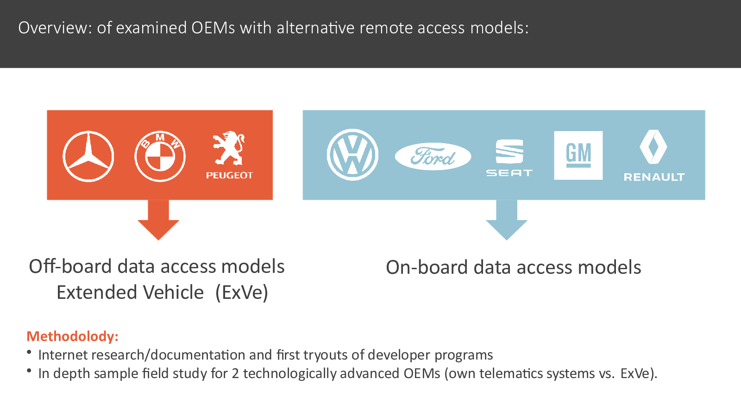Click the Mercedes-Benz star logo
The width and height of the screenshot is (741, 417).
click(x=88, y=156)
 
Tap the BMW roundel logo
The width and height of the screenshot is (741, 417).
click(x=160, y=156)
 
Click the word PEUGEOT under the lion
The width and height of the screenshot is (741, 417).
click(x=229, y=175)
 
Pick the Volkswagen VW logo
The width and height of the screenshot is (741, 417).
click(x=352, y=155)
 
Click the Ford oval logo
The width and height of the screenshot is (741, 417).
click(x=433, y=156)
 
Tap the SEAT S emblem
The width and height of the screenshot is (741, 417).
click(x=509, y=152)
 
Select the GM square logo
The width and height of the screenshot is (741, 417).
click(x=578, y=155)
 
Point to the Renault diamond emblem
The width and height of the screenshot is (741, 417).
click(x=653, y=146)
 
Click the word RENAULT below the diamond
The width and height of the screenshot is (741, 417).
click(x=654, y=177)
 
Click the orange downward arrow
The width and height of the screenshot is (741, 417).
click(x=158, y=220)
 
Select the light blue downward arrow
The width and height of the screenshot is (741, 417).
click(x=507, y=220)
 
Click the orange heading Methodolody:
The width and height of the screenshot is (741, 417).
click(x=72, y=336)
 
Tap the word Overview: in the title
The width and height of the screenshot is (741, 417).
click(x=55, y=28)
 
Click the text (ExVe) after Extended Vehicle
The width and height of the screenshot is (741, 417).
click(x=241, y=292)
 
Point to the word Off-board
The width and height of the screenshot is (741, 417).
click(x=70, y=266)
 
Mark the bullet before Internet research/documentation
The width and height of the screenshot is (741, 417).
click(x=29, y=353)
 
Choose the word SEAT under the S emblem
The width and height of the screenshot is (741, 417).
click(x=509, y=173)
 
